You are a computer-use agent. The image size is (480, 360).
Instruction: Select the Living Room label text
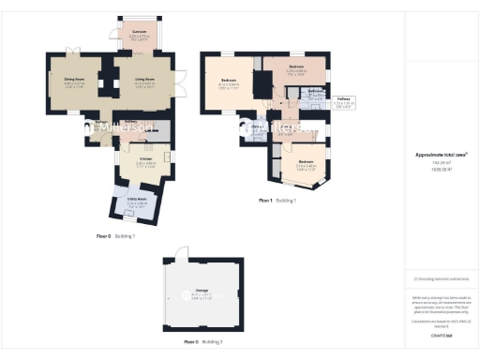point(145,82)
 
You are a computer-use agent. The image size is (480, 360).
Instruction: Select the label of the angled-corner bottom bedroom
point(306,165)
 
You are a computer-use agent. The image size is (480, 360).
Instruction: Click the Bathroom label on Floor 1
point(314,93)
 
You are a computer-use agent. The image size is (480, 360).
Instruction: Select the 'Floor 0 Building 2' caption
point(202,342)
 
